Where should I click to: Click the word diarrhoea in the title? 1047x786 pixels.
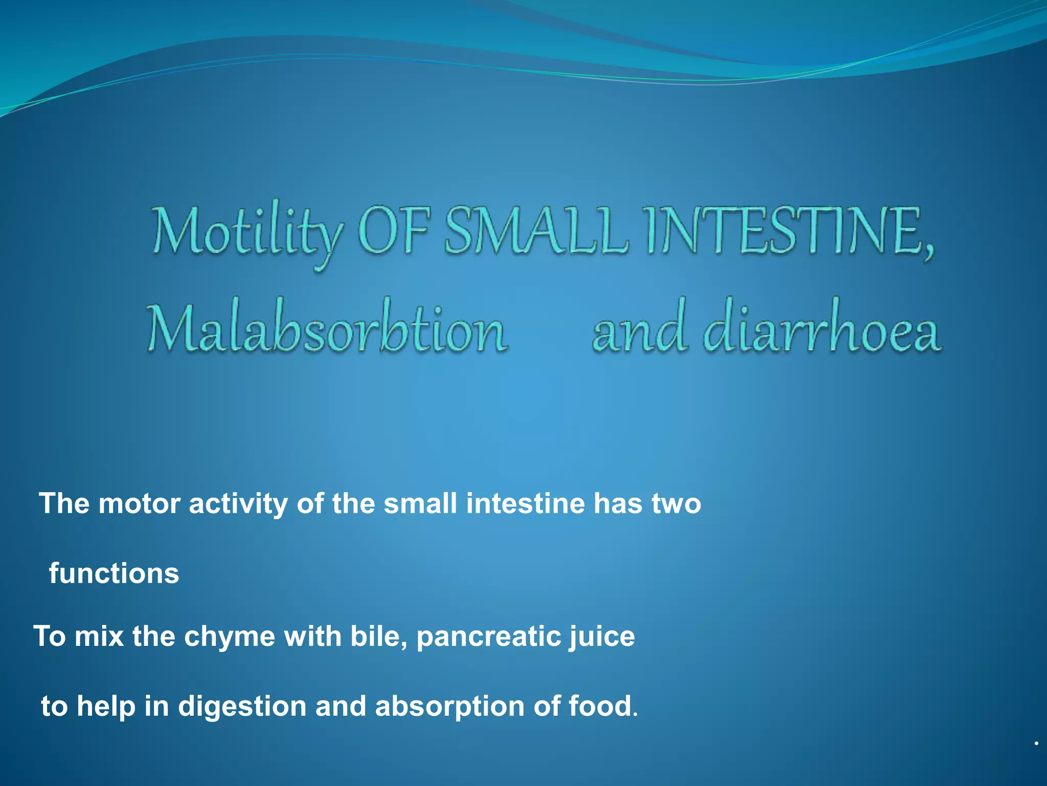tap(822, 327)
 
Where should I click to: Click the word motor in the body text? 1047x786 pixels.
tap(139, 504)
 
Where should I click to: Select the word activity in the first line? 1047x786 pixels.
tap(238, 505)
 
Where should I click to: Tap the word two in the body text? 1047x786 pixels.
tap(676, 504)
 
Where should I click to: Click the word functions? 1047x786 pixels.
tap(114, 573)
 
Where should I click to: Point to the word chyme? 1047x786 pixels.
tap(230, 638)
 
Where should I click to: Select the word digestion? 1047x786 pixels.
tap(242, 707)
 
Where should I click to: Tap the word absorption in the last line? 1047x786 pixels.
tap(449, 707)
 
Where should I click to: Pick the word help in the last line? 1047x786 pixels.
tap(106, 707)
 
